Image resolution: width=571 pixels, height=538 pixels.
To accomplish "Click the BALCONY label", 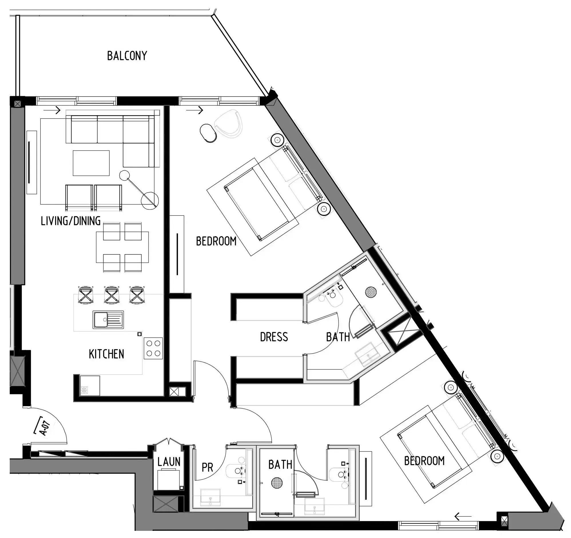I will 127,56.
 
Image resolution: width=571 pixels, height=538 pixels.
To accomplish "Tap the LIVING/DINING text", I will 71,221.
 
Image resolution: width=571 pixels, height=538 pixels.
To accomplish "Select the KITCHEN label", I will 106,354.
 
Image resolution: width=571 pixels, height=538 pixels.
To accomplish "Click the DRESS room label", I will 274,337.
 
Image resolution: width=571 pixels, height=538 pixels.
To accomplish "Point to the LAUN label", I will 169,462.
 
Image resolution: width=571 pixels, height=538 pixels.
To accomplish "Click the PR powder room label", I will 207,468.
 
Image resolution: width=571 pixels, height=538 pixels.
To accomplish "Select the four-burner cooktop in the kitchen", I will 153,348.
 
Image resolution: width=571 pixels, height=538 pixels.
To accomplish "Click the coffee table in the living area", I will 91,163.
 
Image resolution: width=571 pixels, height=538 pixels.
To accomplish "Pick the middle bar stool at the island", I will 112,295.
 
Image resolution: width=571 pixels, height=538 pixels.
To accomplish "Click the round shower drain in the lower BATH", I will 276,483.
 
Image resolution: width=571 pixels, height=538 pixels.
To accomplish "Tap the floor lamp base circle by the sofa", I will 150,200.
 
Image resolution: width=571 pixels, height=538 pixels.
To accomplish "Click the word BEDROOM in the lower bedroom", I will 424,461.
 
